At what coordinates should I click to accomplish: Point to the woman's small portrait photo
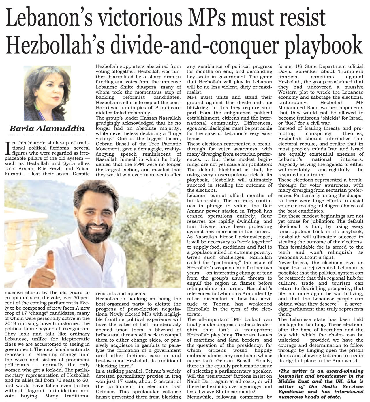(x=47, y=93)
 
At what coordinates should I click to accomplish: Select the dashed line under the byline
(x=48, y=135)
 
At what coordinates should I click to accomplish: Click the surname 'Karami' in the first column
(x=14, y=174)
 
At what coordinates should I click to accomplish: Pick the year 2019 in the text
(x=11, y=323)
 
